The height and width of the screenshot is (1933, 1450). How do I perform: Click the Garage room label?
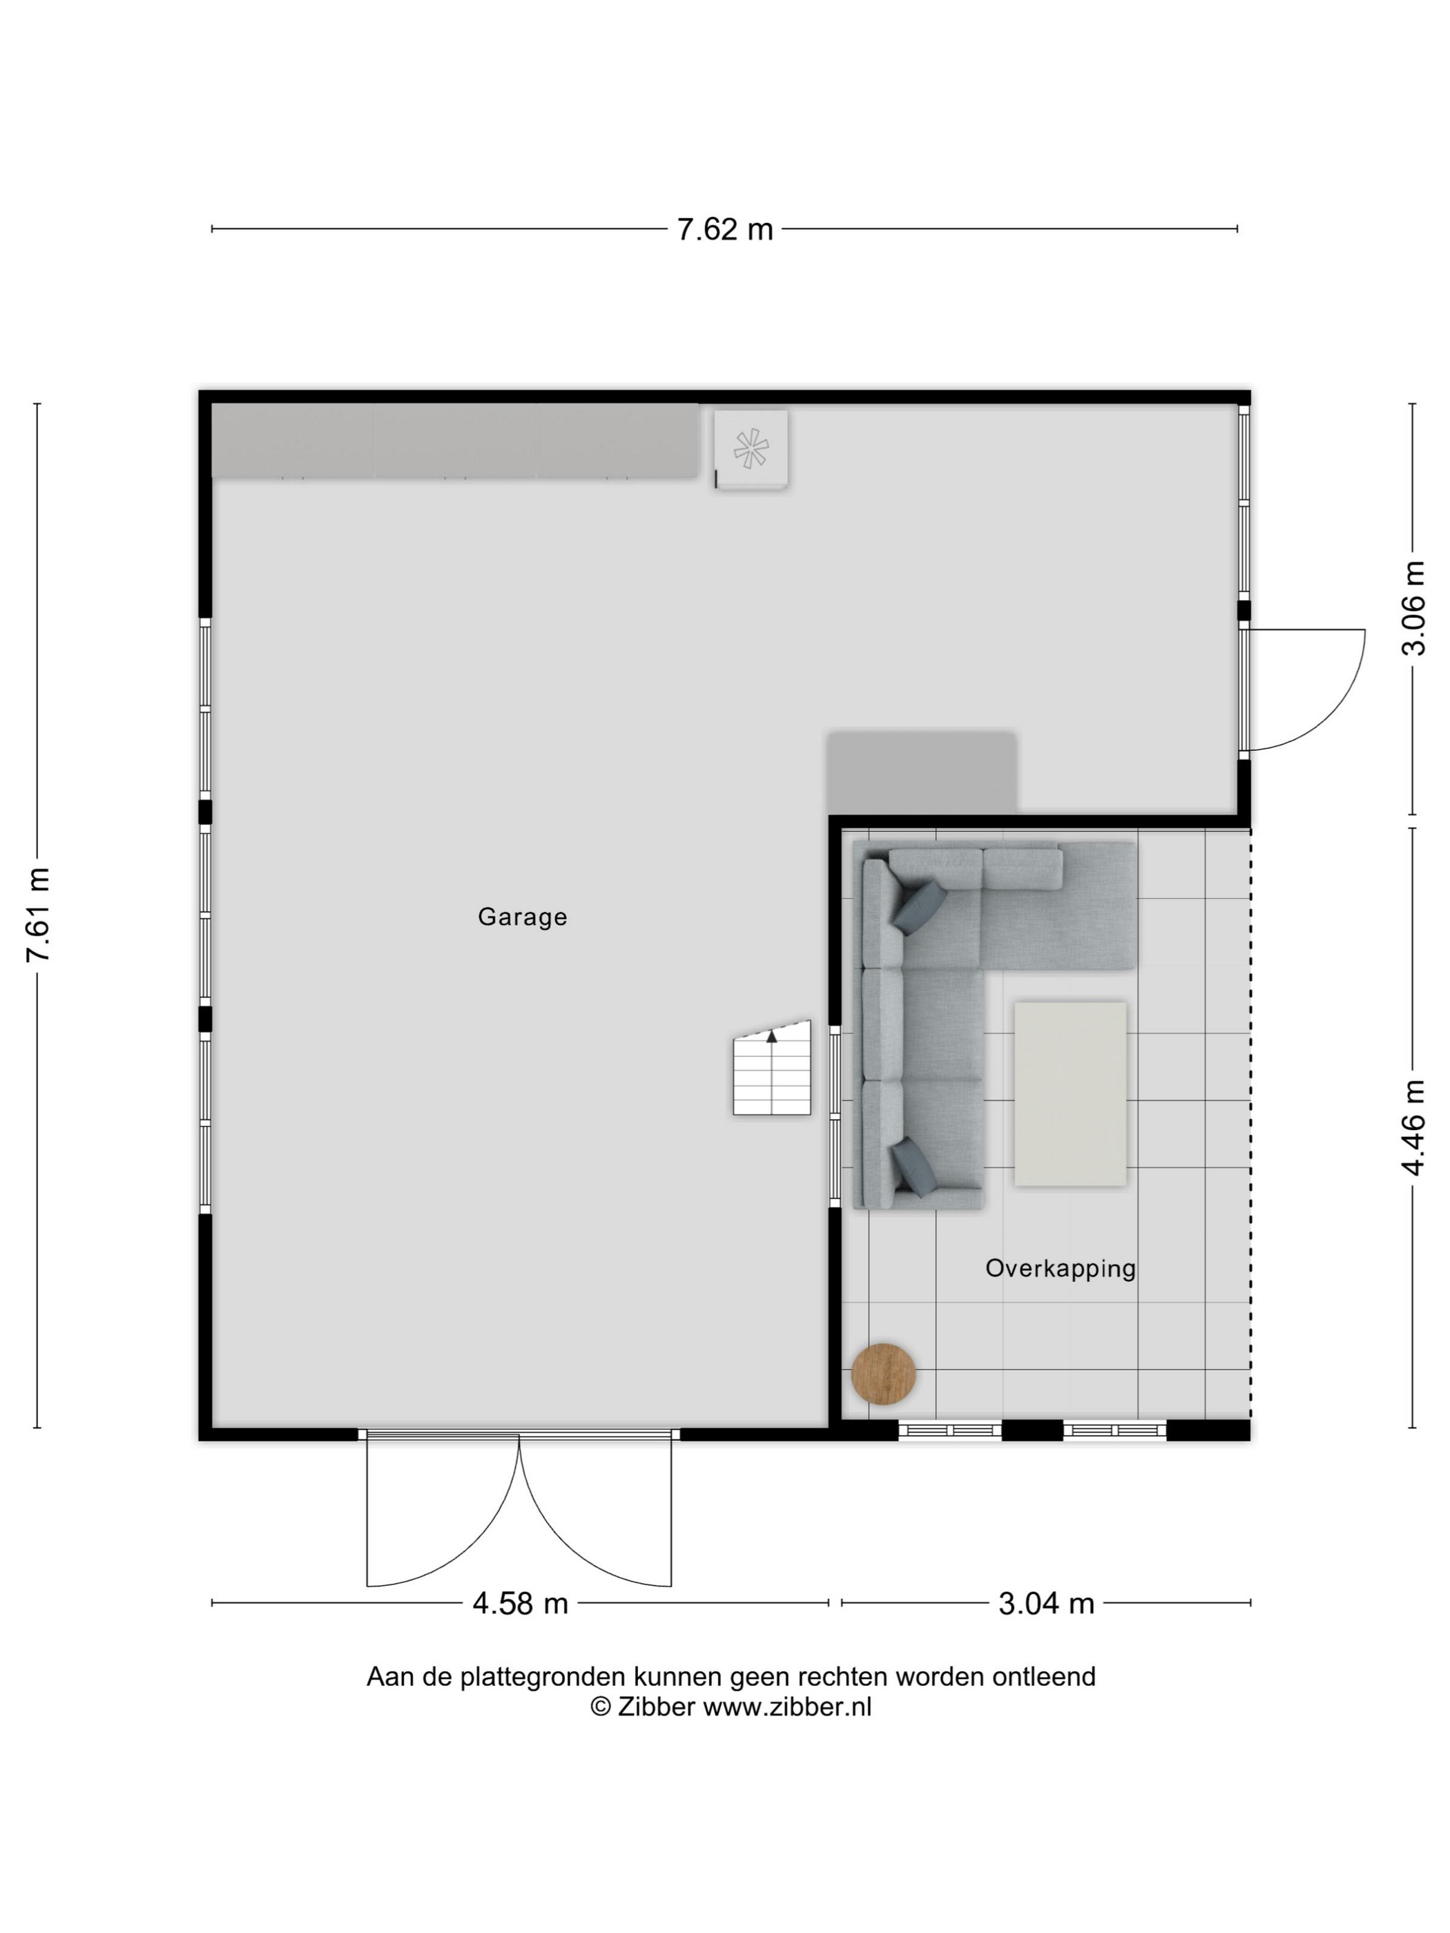pyautogui.click(x=522, y=917)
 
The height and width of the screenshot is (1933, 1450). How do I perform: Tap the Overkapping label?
pyautogui.click(x=1060, y=1269)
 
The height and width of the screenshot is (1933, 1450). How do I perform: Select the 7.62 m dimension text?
pyautogui.click(x=724, y=230)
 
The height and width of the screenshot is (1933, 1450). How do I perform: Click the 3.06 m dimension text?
pyautogui.click(x=1413, y=608)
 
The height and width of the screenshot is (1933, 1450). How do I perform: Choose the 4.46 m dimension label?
pyautogui.click(x=1413, y=1127)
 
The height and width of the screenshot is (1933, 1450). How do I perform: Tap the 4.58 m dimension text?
pyautogui.click(x=520, y=1604)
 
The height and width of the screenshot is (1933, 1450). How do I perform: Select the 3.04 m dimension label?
pyautogui.click(x=1046, y=1604)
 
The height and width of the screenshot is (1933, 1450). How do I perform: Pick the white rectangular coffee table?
pyautogui.click(x=1070, y=1094)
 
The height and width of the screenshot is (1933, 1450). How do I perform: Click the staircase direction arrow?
pyautogui.click(x=772, y=1036)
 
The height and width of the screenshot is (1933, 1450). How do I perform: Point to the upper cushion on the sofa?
pyautogui.click(x=918, y=906)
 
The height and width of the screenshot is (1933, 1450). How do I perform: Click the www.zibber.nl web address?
pyautogui.click(x=788, y=1707)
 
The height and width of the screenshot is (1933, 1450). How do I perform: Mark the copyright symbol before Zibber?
pyautogui.click(x=601, y=1707)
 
